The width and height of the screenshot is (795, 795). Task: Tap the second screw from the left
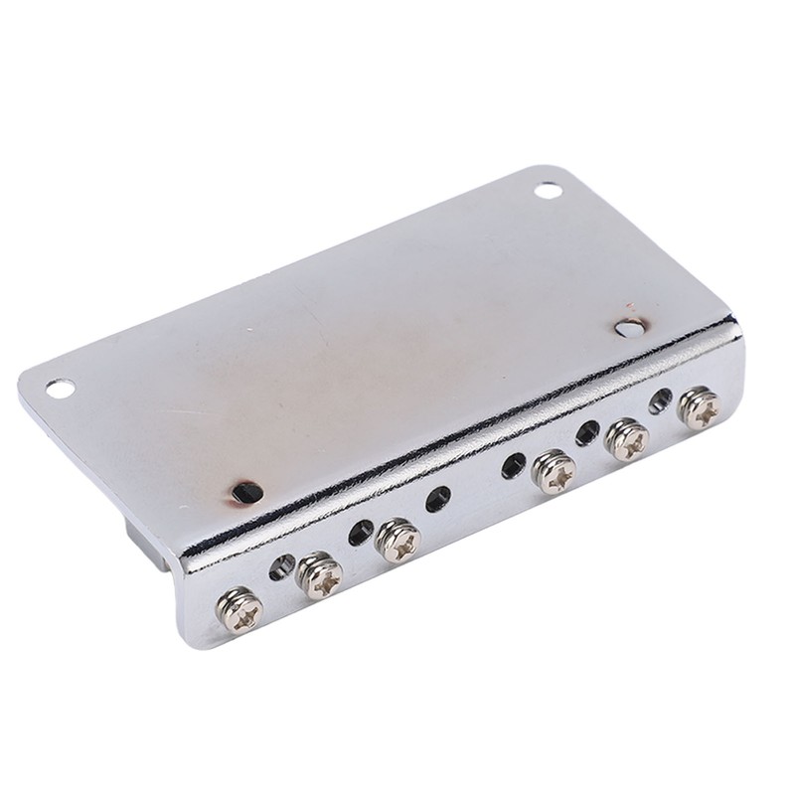point(320,576)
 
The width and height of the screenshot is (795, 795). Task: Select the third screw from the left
point(397,540)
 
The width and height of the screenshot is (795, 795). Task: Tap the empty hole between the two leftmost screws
point(281,567)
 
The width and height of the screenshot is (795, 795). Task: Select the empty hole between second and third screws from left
point(358,534)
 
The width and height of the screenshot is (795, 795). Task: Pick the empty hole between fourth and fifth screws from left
point(587,432)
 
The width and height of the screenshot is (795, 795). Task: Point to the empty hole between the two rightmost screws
point(659,401)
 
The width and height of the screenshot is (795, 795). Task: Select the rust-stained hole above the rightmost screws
point(626,328)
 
